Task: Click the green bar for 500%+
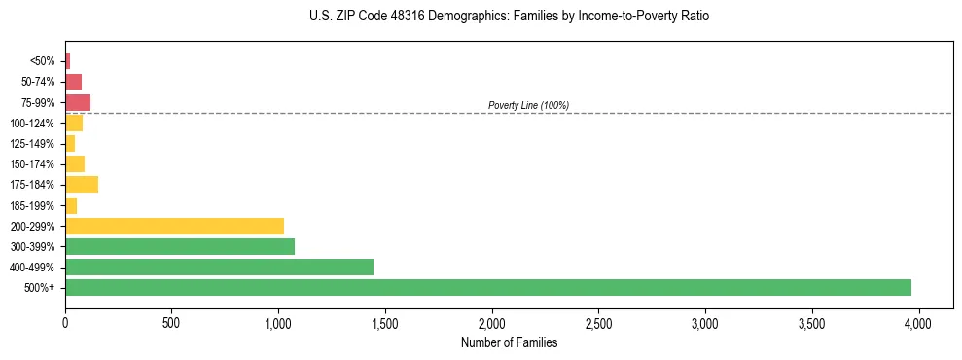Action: click(487, 287)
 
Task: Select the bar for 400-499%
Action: click(219, 267)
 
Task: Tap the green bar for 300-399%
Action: click(180, 246)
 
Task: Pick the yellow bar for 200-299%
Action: click(174, 226)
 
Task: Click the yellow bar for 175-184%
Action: click(82, 184)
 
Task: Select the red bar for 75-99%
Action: click(78, 102)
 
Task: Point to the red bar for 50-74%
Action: click(73, 81)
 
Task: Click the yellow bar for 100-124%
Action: click(74, 123)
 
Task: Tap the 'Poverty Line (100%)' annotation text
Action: click(528, 105)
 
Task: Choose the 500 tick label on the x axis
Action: click(171, 322)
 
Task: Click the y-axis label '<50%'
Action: click(42, 61)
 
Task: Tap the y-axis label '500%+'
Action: click(40, 288)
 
